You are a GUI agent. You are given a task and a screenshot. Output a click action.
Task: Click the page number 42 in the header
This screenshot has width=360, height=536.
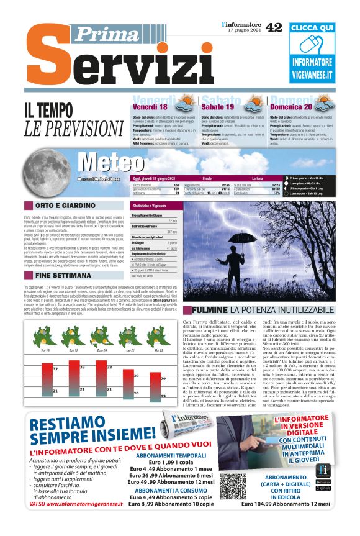[274, 27]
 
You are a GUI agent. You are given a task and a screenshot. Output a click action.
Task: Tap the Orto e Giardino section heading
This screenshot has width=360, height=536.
[61, 205]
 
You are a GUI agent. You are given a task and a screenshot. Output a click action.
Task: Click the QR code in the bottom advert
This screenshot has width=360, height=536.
[233, 488]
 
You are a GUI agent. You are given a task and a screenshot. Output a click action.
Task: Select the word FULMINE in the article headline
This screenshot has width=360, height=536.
[209, 310]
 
